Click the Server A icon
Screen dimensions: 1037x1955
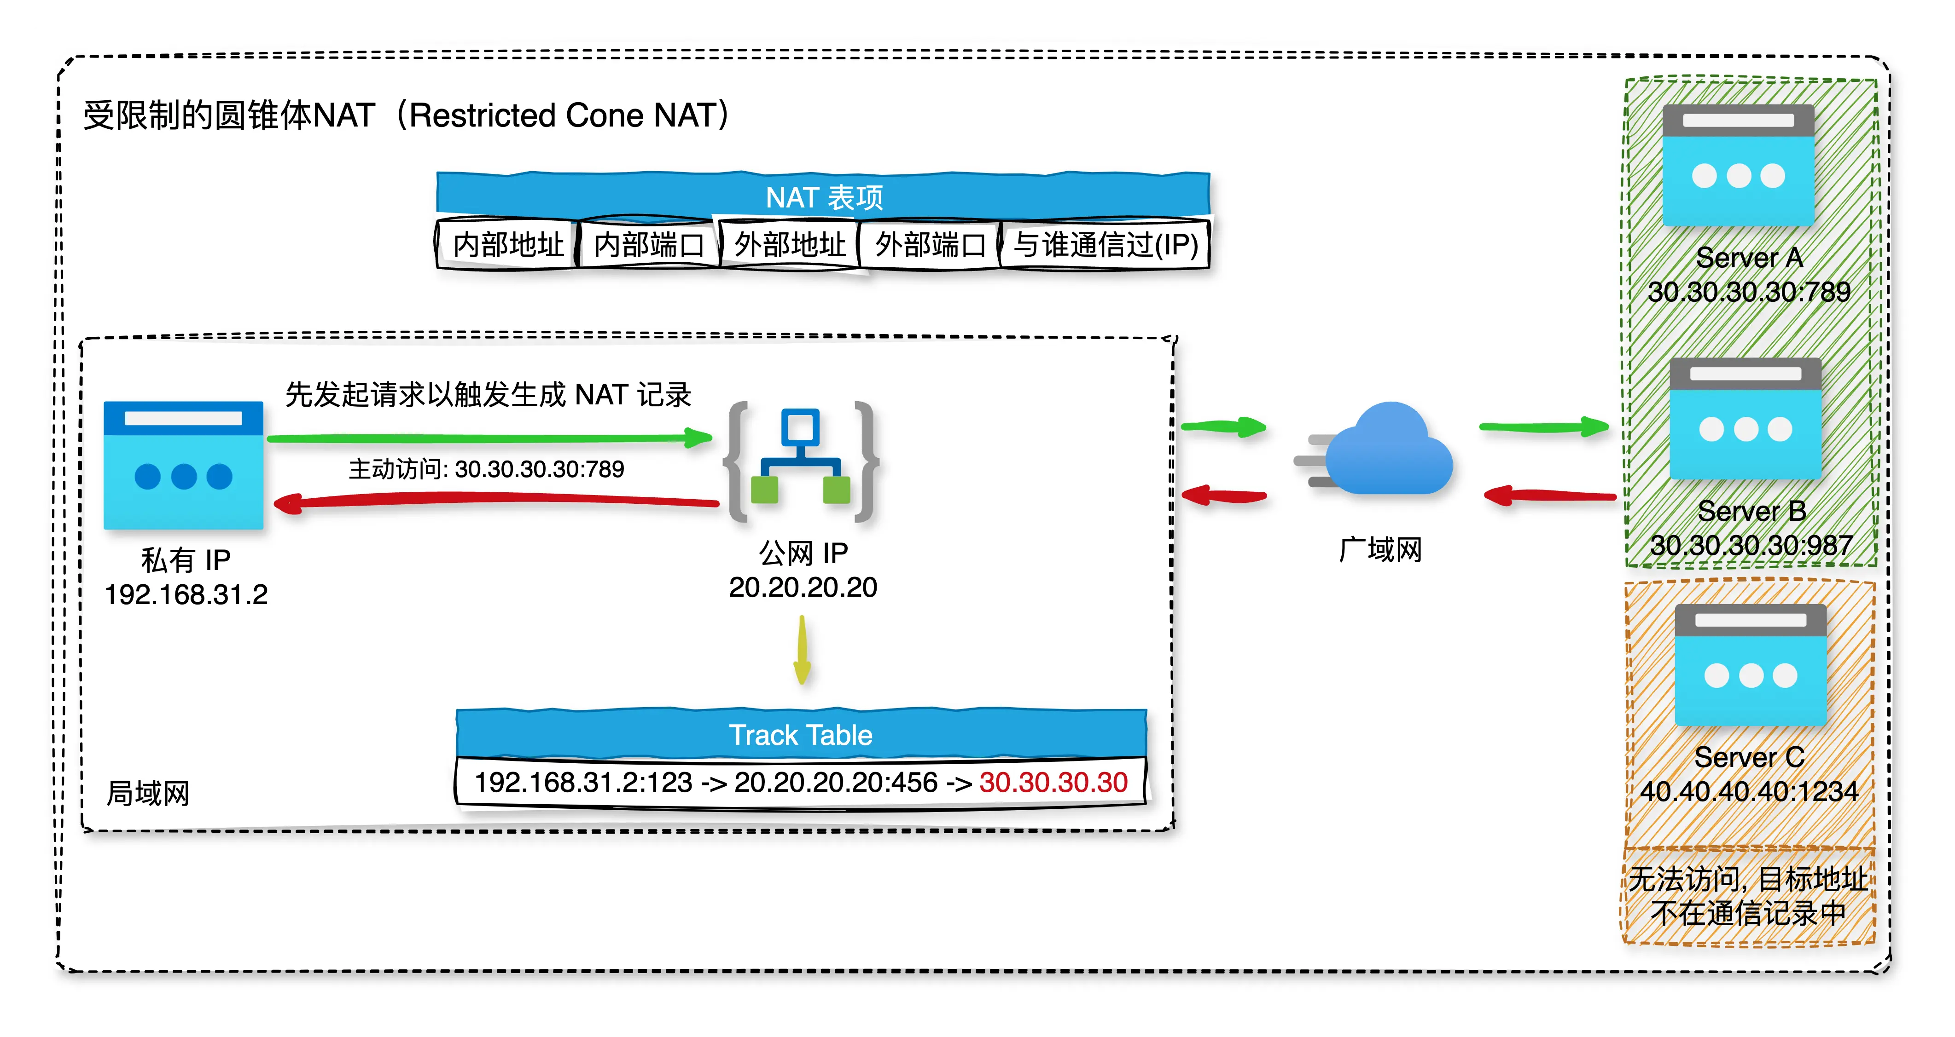click(1738, 165)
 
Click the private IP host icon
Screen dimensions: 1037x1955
click(184, 465)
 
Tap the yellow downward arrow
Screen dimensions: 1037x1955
click(802, 650)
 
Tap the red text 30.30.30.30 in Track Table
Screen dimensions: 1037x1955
click(1053, 782)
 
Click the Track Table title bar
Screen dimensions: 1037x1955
click(801, 734)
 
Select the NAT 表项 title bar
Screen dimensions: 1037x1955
click(823, 196)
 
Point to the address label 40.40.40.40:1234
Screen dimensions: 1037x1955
click(1749, 791)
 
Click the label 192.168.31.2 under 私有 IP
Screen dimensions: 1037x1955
click(186, 594)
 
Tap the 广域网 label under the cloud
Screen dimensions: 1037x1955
click(1380, 550)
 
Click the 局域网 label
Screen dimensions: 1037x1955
click(148, 794)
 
